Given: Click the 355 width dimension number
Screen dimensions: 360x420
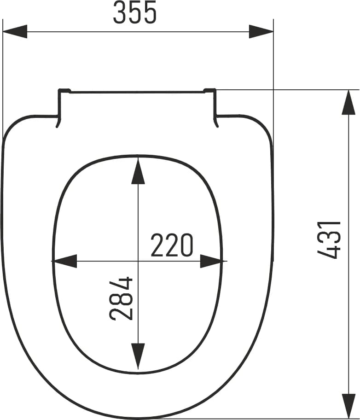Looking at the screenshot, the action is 135,12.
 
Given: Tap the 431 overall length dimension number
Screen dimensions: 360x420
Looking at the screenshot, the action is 329,240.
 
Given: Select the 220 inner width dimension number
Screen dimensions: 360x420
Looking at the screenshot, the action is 172,245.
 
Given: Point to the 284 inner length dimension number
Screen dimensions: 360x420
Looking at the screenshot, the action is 122,299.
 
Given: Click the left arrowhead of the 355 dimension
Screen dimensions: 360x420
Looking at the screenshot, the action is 15,32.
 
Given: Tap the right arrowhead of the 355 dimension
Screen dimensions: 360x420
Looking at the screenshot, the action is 261,32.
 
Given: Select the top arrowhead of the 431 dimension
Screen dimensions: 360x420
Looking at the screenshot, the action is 348,102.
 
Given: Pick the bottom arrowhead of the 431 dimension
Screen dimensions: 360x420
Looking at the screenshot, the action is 348,406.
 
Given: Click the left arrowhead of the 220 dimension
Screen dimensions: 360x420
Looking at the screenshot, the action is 64,261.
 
